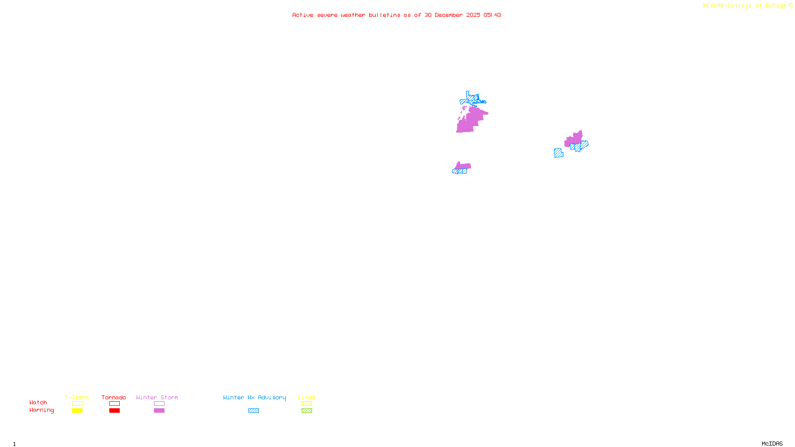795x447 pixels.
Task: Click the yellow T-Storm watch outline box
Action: [x=77, y=404]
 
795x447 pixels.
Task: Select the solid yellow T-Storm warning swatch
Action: [x=77, y=411]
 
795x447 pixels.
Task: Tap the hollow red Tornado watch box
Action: [x=114, y=404]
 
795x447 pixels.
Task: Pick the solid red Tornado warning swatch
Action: [x=114, y=411]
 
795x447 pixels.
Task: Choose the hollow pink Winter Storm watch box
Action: [x=159, y=404]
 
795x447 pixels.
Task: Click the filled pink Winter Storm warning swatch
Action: [x=159, y=411]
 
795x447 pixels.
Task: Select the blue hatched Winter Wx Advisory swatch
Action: [x=253, y=411]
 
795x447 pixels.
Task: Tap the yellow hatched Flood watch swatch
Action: [x=307, y=404]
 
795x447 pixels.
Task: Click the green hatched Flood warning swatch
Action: [x=307, y=411]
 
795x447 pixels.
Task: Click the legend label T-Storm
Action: [x=77, y=397]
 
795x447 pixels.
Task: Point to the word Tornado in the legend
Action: [x=114, y=397]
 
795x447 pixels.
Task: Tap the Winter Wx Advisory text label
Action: [x=254, y=397]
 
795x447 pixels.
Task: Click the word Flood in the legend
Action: [x=307, y=397]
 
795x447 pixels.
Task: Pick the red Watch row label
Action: [x=38, y=402]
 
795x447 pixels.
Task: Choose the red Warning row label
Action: [x=41, y=410]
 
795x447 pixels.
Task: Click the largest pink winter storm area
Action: [x=471, y=120]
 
